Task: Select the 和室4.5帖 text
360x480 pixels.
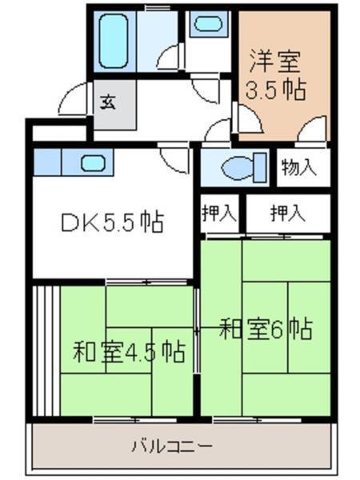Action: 130,350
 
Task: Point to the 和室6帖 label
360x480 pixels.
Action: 266,329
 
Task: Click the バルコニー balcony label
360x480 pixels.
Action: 172,445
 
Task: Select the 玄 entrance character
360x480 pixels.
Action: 106,102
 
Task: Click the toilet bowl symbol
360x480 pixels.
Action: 238,167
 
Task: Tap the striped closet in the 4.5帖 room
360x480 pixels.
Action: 46,350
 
